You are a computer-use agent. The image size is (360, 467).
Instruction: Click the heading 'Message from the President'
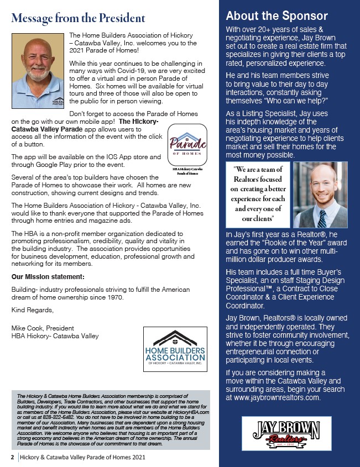coord(78,18)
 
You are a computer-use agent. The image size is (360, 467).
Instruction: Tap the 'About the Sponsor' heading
coord(276,16)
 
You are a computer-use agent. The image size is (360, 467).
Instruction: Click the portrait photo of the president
coord(37,71)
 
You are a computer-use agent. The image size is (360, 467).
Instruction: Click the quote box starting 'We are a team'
coord(256,195)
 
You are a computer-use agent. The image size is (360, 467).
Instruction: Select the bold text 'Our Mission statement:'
coord(48,276)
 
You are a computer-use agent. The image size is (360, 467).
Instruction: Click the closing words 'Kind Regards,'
coord(31,309)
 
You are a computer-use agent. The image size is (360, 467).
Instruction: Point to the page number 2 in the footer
coord(12,458)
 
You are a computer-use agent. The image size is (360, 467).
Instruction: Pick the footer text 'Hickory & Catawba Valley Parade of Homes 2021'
coord(83,458)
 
